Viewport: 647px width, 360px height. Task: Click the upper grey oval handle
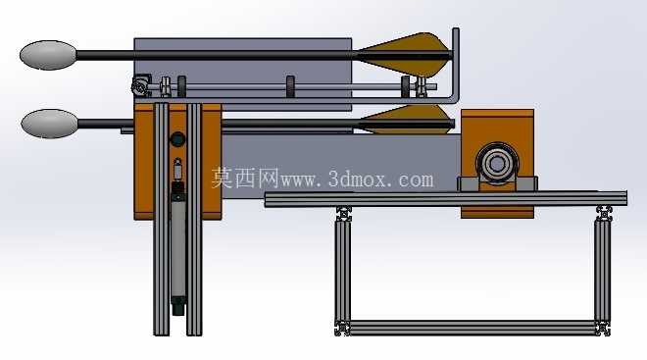[48, 55]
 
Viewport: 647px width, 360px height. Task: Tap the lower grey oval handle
[50, 124]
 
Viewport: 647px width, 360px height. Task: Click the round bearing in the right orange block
[497, 164]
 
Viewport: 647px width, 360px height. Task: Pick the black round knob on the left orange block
[177, 139]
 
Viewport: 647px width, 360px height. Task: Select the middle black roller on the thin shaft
[290, 86]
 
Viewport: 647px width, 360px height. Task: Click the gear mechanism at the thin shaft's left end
[140, 85]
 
